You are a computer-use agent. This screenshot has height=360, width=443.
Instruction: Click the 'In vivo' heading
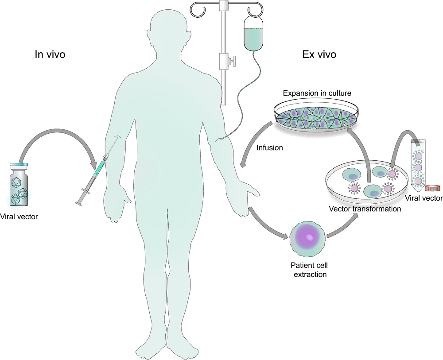click(x=50, y=54)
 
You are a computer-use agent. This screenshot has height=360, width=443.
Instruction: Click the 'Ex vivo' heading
click(x=319, y=54)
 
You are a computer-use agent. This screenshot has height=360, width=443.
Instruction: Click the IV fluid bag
click(x=253, y=33)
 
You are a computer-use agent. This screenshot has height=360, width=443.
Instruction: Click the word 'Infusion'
click(x=269, y=147)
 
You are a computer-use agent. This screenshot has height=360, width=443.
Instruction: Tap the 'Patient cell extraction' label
click(x=309, y=270)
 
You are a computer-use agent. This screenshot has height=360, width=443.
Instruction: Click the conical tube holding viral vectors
click(x=417, y=164)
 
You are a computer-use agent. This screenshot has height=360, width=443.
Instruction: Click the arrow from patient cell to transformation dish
click(x=343, y=226)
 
